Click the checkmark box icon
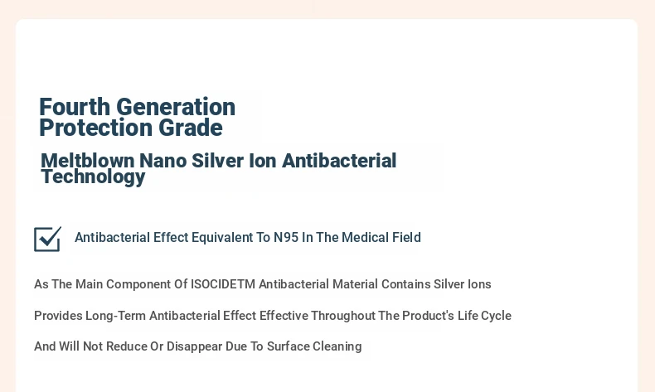click(47, 240)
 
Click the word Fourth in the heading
click(75, 107)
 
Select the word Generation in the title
click(176, 107)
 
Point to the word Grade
click(191, 128)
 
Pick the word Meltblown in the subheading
click(87, 161)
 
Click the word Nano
click(163, 161)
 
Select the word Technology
click(93, 177)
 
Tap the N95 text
click(286, 237)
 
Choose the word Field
click(406, 237)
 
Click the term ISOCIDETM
click(223, 284)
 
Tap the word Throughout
click(343, 316)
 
